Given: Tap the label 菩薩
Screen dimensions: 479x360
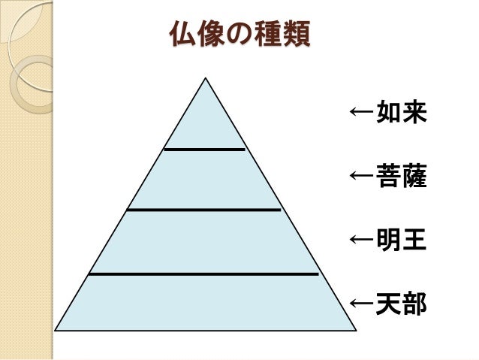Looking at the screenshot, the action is point(402,177).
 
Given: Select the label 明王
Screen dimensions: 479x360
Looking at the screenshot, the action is point(402,241).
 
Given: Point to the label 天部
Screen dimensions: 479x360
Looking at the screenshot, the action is point(402,304).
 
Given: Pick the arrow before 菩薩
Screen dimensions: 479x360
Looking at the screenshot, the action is point(362,177).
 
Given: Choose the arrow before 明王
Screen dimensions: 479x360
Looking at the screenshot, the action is point(362,241).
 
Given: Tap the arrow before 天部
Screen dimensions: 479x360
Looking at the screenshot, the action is point(362,304).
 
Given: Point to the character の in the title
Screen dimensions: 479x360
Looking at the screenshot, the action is point(239,35).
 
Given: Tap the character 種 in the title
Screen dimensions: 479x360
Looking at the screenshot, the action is point(267,35).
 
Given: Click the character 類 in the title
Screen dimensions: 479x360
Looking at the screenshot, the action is point(296,35).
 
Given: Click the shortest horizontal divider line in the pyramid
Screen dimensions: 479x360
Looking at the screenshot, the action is point(204,149).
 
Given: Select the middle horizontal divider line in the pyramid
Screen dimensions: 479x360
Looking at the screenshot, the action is point(203,210).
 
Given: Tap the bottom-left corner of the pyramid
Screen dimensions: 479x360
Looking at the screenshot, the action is point(56,330).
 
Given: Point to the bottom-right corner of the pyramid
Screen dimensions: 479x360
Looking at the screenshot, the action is point(356,330).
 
